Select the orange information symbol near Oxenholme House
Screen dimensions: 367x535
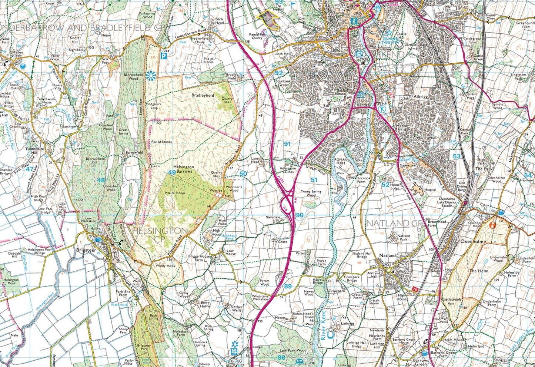point(493,225)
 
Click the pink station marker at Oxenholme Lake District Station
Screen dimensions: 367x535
point(465,202)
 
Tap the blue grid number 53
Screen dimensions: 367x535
point(457,156)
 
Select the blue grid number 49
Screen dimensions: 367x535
point(171,172)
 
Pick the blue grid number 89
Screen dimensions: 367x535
point(288,286)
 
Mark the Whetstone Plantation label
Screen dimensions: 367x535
point(260,298)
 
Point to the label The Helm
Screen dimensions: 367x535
point(479,271)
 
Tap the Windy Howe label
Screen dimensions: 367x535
point(165,266)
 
